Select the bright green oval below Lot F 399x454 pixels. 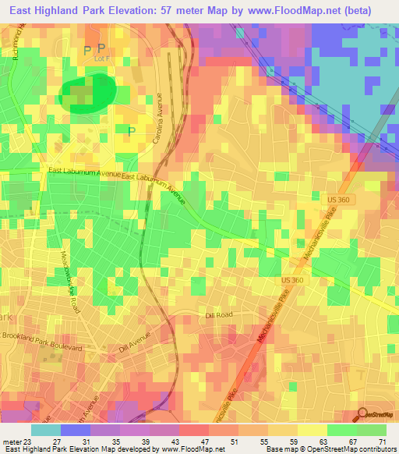(x=87, y=94)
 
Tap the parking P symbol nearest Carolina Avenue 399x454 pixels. (x=131, y=131)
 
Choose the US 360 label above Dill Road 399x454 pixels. (x=291, y=279)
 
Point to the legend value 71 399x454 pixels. (x=383, y=442)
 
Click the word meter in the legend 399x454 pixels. (x=12, y=442)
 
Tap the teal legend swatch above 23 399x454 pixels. (x=45, y=430)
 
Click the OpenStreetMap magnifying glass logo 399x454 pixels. (x=362, y=413)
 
